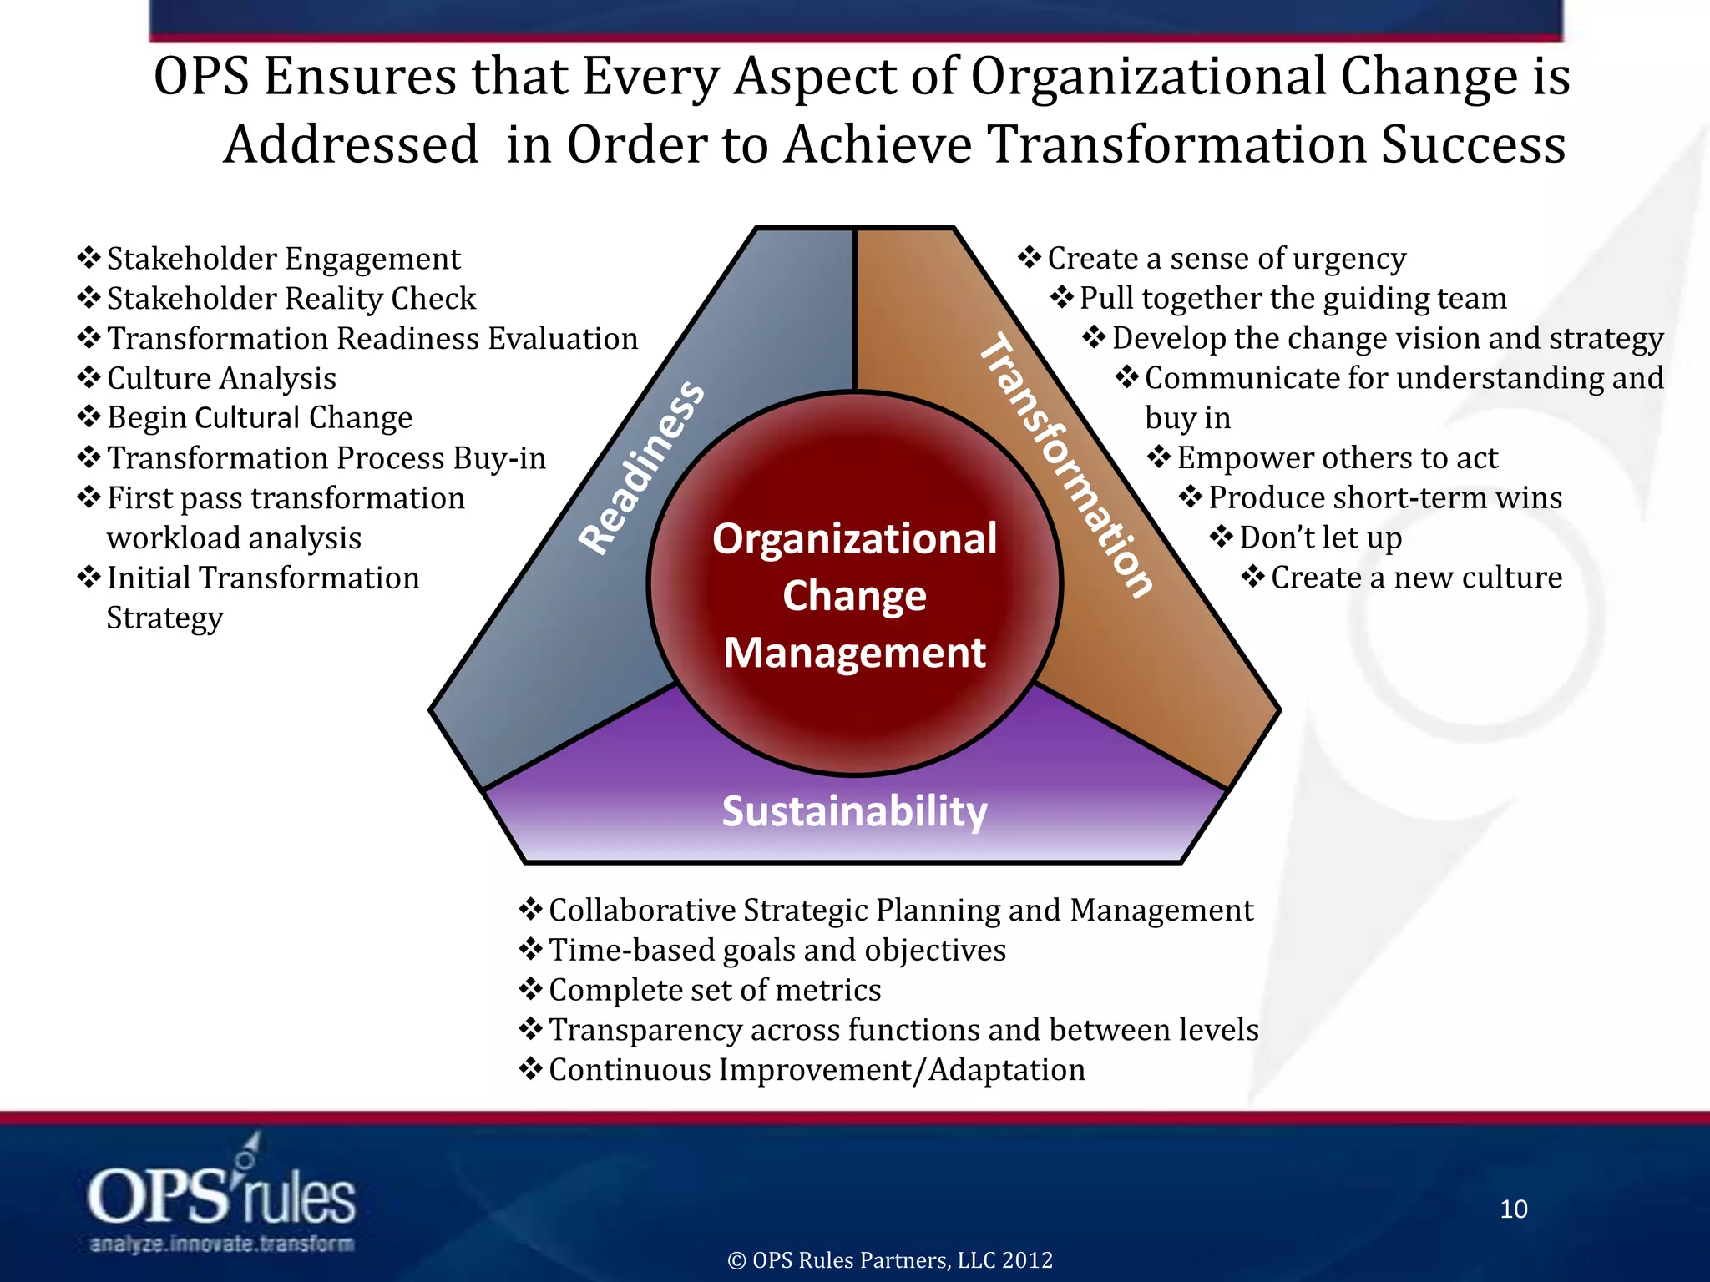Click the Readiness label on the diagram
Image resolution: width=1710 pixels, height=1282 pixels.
pyautogui.click(x=641, y=467)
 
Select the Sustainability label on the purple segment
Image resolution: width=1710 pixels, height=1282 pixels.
pyautogui.click(x=854, y=810)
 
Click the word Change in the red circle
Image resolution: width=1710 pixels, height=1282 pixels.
pyautogui.click(x=854, y=595)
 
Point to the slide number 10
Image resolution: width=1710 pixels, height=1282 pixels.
pyautogui.click(x=1513, y=1209)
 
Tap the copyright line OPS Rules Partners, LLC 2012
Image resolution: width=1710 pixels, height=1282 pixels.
pyautogui.click(x=890, y=1259)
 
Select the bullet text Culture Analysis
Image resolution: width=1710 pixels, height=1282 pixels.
pyautogui.click(x=221, y=378)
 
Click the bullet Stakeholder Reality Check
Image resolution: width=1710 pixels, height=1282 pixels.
pyautogui.click(x=291, y=299)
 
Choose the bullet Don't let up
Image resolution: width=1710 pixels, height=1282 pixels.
pyautogui.click(x=1320, y=538)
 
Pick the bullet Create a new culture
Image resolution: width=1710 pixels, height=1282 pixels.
pyautogui.click(x=1416, y=578)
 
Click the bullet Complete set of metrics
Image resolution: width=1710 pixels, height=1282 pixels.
pyautogui.click(x=714, y=990)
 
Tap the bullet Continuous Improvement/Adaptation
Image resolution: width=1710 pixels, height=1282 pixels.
pyautogui.click(x=817, y=1070)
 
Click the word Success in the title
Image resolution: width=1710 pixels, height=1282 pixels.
pyautogui.click(x=1473, y=144)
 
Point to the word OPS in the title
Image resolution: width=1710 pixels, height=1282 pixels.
pyautogui.click(x=201, y=76)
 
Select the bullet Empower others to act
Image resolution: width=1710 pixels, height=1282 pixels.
pyautogui.click(x=1337, y=457)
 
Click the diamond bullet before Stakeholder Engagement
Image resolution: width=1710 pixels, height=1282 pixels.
pyautogui.click(x=89, y=257)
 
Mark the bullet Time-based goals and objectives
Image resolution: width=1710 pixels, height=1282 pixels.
pyautogui.click(x=777, y=950)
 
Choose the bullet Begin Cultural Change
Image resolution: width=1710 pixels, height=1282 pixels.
pyautogui.click(x=259, y=417)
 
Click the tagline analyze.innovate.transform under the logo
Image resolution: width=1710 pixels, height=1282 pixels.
pyautogui.click(x=221, y=1244)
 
